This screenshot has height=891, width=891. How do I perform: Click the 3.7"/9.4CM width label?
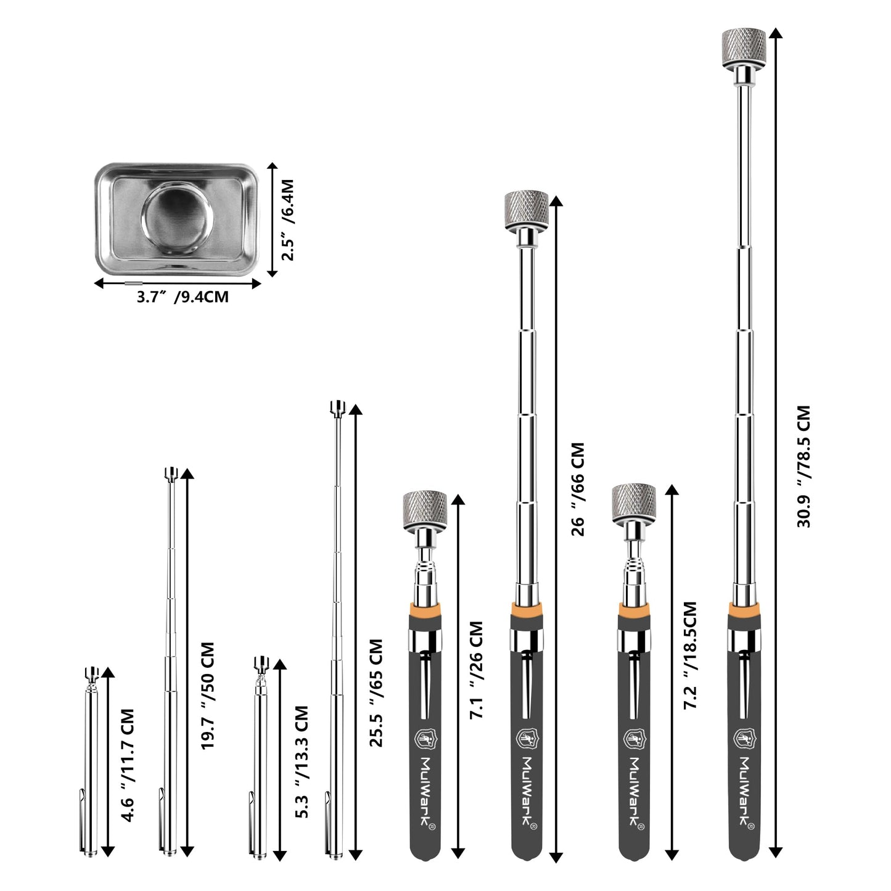(x=183, y=297)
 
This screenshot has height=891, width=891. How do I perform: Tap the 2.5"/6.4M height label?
(x=287, y=220)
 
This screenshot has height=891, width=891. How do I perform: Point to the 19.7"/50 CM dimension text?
(x=208, y=696)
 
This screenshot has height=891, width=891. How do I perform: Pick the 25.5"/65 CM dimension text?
(x=376, y=692)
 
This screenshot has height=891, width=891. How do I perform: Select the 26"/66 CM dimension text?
(x=578, y=489)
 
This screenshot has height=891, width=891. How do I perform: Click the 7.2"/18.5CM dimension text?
(x=690, y=655)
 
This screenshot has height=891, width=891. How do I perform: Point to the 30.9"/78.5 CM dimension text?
(x=803, y=466)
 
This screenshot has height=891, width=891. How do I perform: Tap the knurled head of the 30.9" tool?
(x=744, y=44)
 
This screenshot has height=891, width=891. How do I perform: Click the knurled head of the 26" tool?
(x=527, y=208)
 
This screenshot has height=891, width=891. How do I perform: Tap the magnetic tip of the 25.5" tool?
(x=337, y=408)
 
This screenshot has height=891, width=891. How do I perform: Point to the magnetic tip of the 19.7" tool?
(x=171, y=474)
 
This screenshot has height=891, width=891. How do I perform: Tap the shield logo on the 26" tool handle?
(x=526, y=738)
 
